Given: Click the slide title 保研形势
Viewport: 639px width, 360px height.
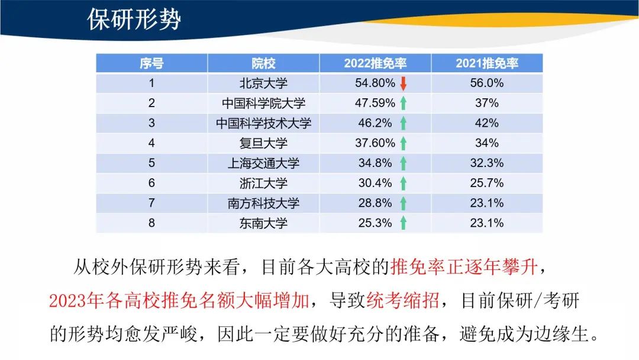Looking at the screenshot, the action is tap(134, 19).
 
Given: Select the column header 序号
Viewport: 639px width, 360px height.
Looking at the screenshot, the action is tap(151, 63).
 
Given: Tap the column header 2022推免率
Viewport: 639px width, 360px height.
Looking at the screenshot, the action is tap(375, 63).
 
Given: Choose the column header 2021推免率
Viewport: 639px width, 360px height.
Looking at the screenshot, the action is tap(487, 63).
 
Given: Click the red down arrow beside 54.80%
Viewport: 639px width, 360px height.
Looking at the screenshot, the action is tap(403, 83).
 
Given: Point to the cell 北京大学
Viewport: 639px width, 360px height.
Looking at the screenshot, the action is tap(263, 83).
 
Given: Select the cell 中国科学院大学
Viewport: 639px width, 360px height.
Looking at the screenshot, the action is tap(263, 103).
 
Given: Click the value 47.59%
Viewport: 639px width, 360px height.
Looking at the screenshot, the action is tap(375, 103).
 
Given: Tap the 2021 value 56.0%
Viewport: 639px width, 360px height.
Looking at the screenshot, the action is tap(486, 83).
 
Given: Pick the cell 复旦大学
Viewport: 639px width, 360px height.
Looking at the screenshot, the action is tap(263, 143).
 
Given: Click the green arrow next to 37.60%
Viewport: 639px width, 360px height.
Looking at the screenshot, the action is tap(403, 143).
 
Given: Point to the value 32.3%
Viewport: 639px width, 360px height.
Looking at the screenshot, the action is tap(486, 163).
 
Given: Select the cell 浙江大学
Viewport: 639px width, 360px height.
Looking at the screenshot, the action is tap(263, 183).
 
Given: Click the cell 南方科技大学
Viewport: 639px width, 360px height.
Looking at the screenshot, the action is tap(263, 203).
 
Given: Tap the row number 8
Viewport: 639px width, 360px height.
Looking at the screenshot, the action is tap(151, 223).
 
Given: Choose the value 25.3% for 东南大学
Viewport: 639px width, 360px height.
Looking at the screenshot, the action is tap(375, 223).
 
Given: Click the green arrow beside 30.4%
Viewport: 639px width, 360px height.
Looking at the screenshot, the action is tap(403, 183).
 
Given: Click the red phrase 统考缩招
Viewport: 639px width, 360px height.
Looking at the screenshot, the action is tap(403, 301).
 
